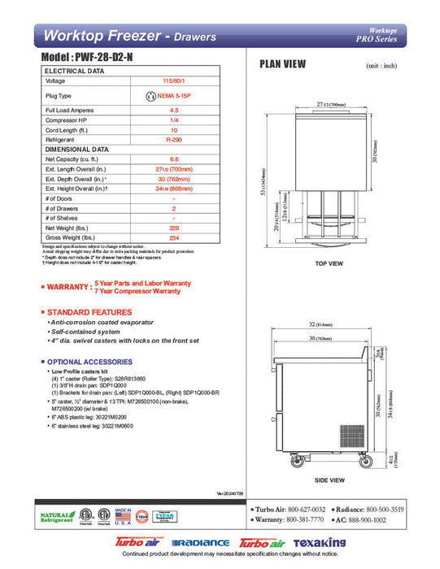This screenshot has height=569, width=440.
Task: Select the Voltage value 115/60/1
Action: point(174,81)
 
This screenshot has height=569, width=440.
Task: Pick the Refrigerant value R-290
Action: point(174,140)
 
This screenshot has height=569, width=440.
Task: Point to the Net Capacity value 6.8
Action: point(174,159)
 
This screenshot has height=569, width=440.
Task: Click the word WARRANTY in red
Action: point(68,287)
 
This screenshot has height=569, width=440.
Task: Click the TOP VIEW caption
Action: point(329,263)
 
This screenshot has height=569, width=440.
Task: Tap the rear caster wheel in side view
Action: point(363,462)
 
